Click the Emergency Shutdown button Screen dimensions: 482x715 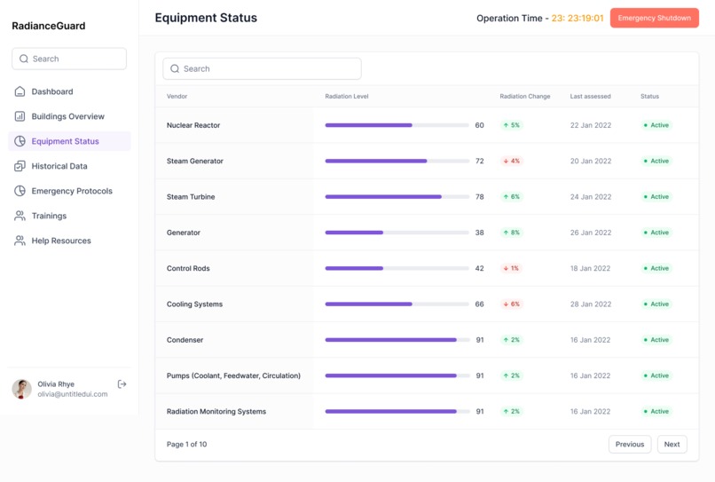654,18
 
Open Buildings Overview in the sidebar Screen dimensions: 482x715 67,116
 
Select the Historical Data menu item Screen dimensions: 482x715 59,166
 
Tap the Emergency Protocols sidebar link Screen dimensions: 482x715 71,191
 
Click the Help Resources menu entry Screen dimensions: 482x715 60,241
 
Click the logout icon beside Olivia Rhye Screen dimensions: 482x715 122,384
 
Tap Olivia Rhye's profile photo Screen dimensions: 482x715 21,389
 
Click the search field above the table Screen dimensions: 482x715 262,68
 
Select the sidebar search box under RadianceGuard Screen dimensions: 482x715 69,59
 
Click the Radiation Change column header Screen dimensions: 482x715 524,96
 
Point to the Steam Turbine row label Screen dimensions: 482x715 191,197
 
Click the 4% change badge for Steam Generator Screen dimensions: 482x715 512,162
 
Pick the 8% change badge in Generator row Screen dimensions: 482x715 512,233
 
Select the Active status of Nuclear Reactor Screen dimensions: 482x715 656,125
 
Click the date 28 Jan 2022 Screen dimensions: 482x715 590,304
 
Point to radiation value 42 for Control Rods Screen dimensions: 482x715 479,268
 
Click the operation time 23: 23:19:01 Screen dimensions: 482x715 577,18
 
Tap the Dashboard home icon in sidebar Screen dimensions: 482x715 20,91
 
